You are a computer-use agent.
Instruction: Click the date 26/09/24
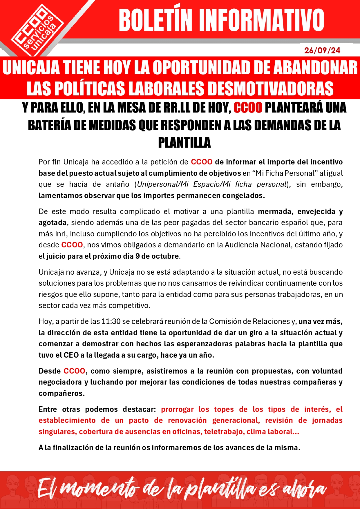pos(322,50)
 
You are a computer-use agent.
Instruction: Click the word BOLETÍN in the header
pos(155,20)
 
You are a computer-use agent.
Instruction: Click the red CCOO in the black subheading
pos(248,108)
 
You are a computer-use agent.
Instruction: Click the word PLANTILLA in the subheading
pos(184,143)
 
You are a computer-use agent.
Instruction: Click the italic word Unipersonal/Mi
pos(163,184)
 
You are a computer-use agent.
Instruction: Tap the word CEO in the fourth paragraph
pos(71,355)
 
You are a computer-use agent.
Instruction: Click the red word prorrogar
pos(177,410)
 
